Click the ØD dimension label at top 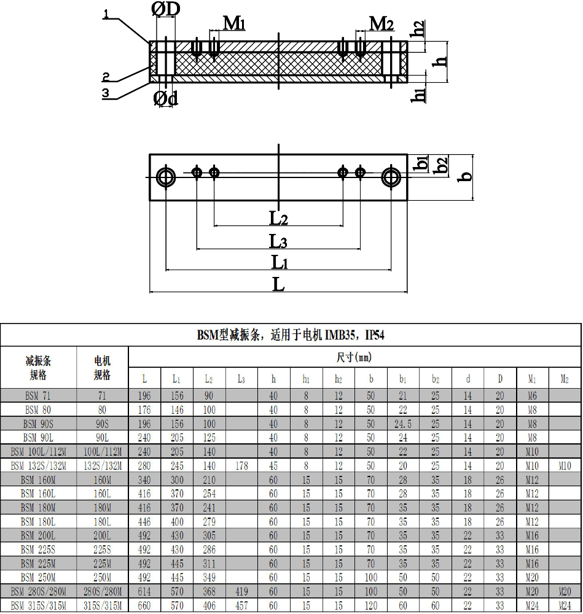coord(166,10)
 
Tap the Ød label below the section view coord(165,98)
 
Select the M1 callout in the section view coord(234,23)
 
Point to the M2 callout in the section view coord(381,23)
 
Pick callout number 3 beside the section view coord(106,93)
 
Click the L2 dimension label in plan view coord(278,217)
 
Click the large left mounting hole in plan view coord(166,177)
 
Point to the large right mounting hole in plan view coord(391,177)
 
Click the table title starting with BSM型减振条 coord(291,335)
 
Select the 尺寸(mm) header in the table coord(354,357)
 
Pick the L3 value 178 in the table coord(241,466)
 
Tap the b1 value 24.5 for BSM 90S coord(403,424)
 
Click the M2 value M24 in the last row coord(564,606)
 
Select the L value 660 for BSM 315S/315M coord(144,606)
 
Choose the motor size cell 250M coord(102,578)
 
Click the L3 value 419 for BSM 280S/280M coord(241,592)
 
